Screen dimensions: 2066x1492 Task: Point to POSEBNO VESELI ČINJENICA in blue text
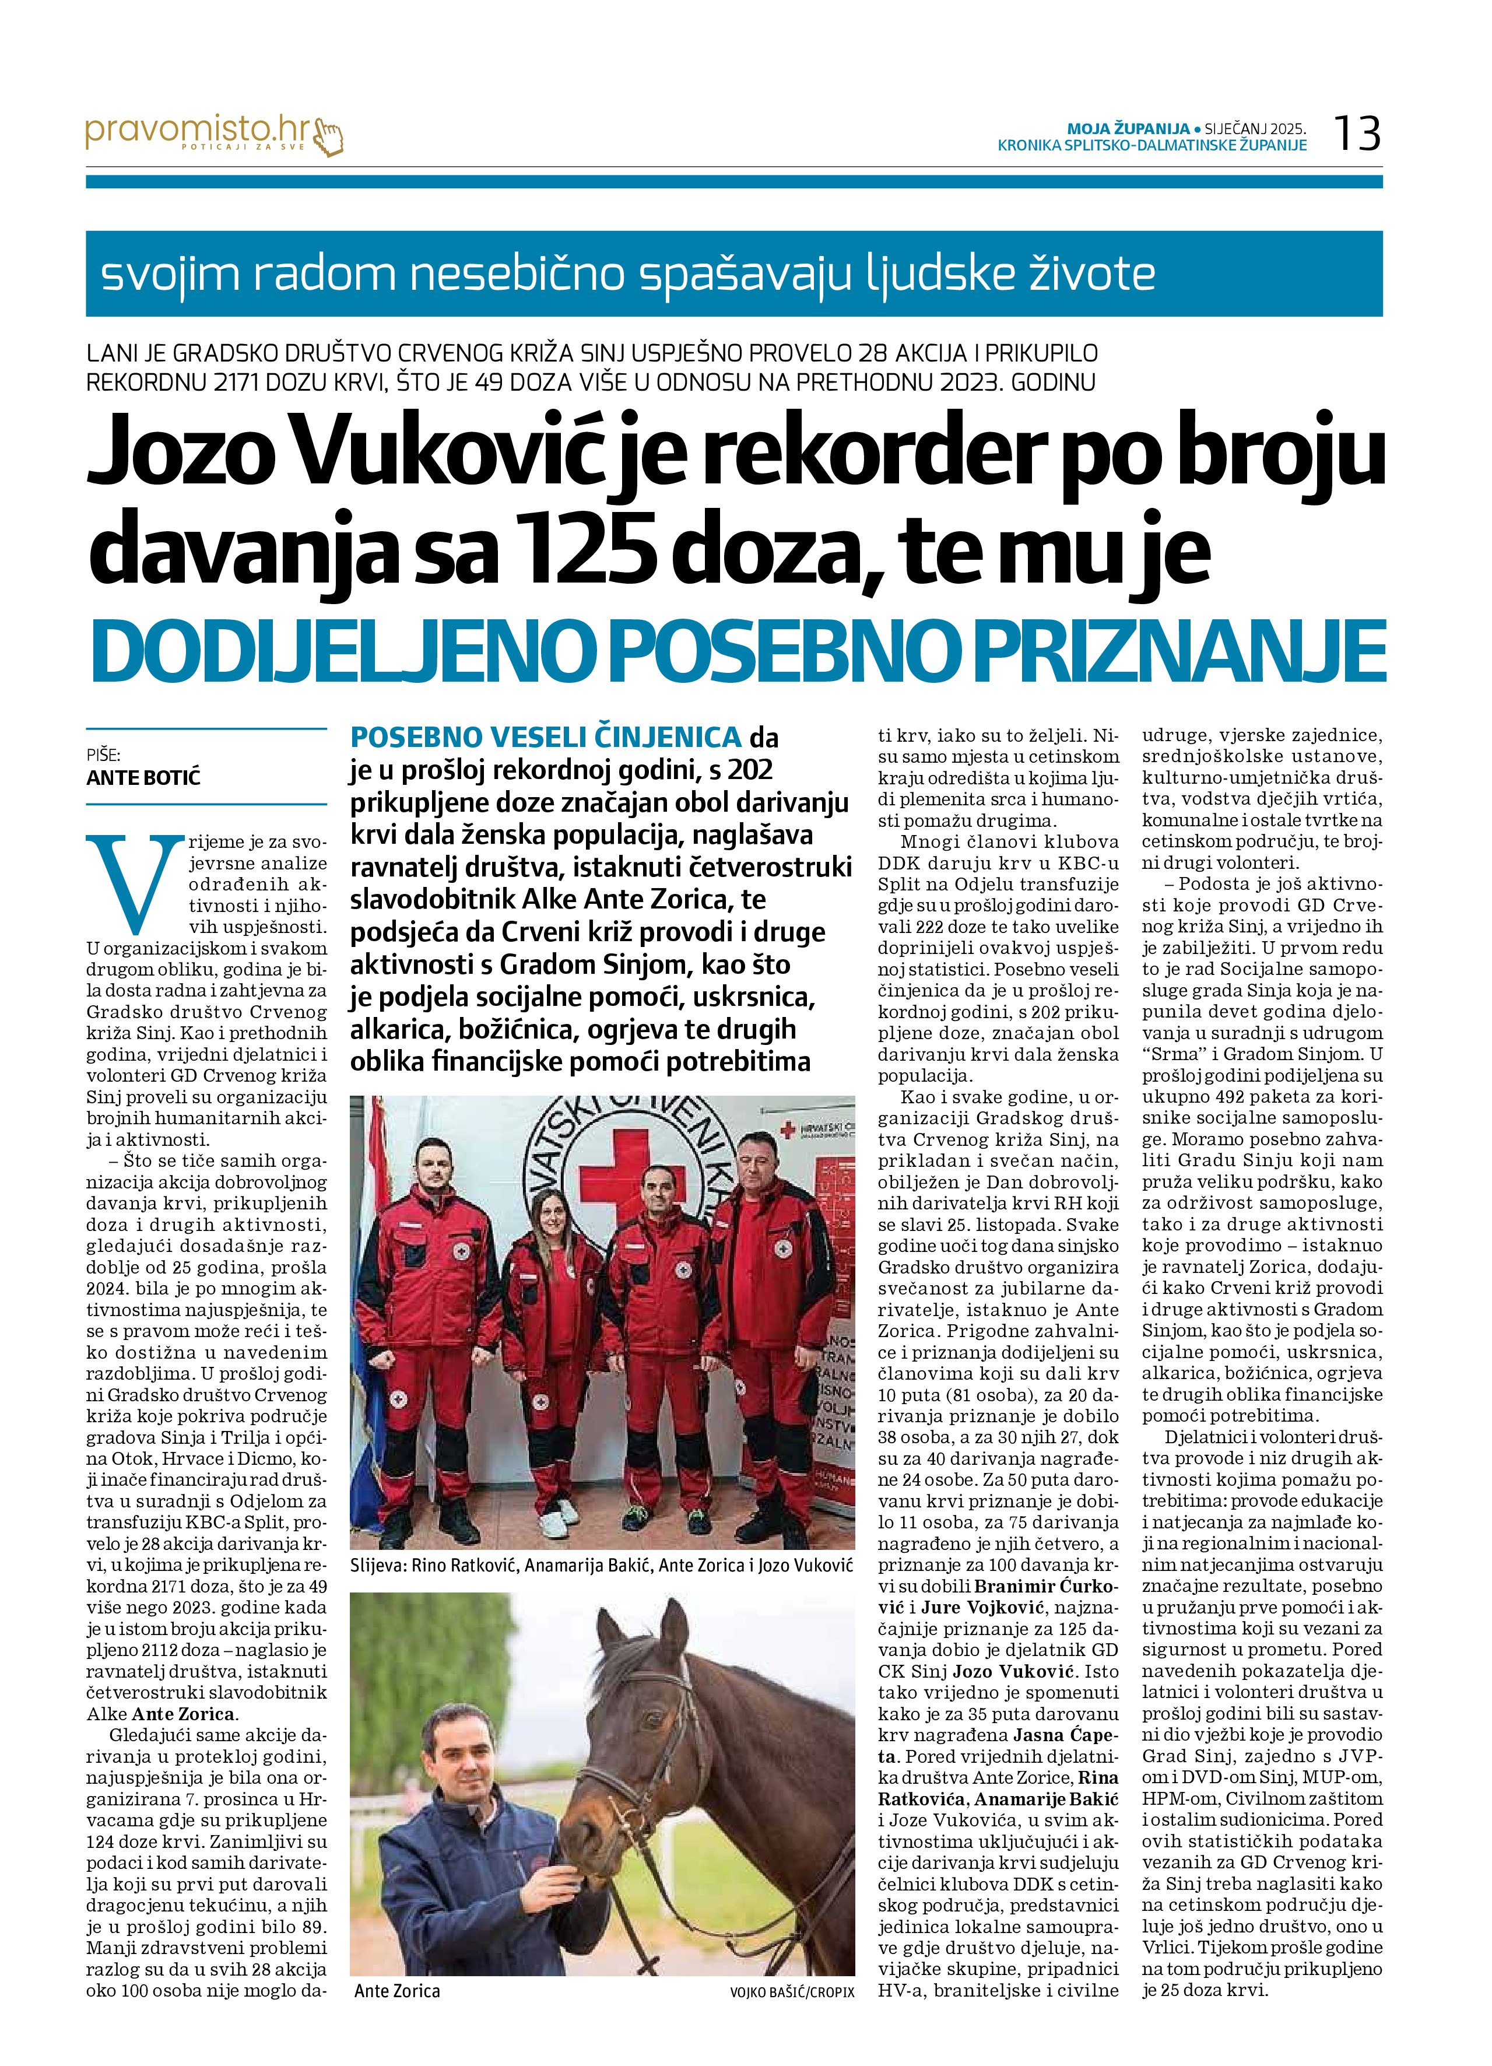point(546,736)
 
